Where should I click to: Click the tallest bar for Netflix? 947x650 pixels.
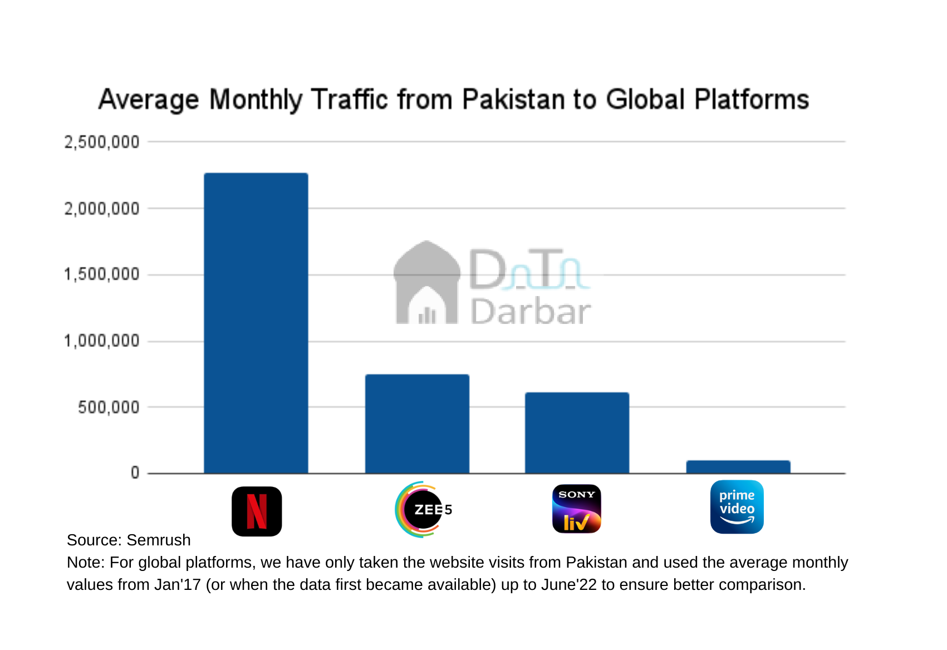(x=256, y=323)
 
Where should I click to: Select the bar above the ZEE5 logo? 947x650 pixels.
(x=417, y=424)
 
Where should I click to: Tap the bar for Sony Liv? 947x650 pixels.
(x=577, y=433)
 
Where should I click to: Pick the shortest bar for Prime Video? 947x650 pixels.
(x=738, y=467)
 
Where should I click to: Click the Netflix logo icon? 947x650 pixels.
(x=257, y=511)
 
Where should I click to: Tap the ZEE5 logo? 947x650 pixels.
(x=423, y=509)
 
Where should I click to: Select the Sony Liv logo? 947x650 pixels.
(x=577, y=509)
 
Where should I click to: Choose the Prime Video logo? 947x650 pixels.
(x=737, y=507)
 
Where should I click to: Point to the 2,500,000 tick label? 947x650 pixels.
(x=102, y=142)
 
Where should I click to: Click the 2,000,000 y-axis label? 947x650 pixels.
(x=102, y=209)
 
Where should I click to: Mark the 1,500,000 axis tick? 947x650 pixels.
(x=102, y=274)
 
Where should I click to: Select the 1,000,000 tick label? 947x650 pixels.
(x=102, y=341)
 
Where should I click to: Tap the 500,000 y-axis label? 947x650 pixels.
(x=109, y=407)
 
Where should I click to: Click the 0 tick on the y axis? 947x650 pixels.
(x=135, y=473)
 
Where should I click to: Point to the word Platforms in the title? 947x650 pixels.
(x=751, y=100)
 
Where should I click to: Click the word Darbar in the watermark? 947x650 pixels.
(x=530, y=312)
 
